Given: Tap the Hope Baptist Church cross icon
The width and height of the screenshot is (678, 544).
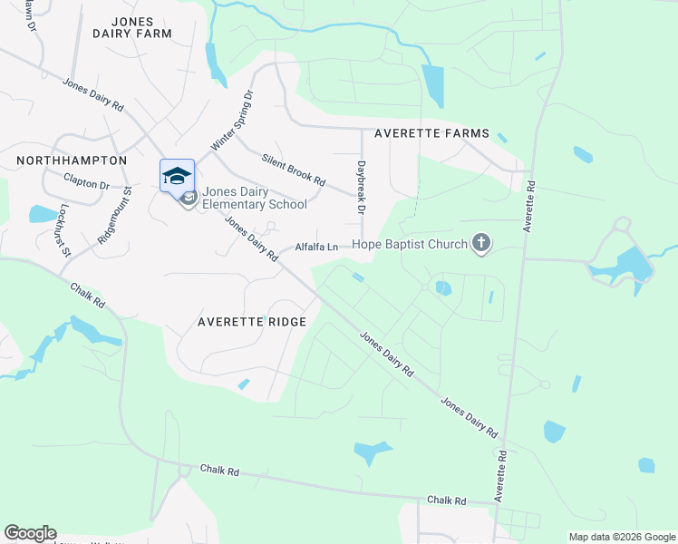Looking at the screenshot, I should pyautogui.click(x=480, y=243).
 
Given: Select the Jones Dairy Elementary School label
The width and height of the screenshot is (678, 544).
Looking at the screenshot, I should pyautogui.click(x=255, y=198).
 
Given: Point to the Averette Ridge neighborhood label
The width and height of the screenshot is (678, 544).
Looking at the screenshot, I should pyautogui.click(x=252, y=322).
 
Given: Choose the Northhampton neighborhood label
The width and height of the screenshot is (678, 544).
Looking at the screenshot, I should pyautogui.click(x=72, y=160).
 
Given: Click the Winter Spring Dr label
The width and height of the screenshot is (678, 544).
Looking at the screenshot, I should pyautogui.click(x=233, y=119).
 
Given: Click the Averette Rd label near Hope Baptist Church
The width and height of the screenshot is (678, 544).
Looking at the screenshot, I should pyautogui.click(x=529, y=207).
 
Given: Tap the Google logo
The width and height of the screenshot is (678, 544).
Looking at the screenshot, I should pyautogui.click(x=30, y=533).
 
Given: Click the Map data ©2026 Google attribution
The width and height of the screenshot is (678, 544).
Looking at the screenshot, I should pyautogui.click(x=621, y=537).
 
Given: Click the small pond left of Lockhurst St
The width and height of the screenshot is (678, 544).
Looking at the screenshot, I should pyautogui.click(x=42, y=214).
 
